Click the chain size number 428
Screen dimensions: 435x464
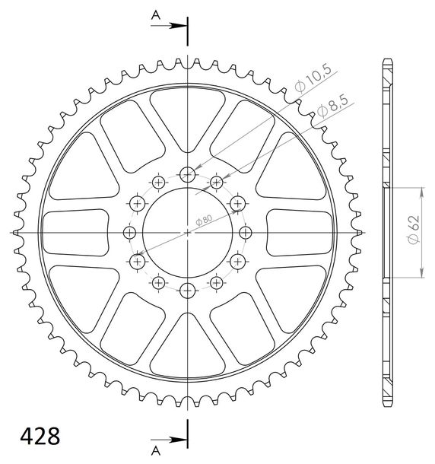40,436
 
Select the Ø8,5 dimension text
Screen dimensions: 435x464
335,106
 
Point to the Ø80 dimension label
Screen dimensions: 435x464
204,221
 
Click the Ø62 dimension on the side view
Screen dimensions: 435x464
414,230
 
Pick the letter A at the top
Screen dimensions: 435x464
156,14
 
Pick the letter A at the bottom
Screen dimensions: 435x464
156,450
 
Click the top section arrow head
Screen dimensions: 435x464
178,26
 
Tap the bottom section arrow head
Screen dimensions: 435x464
178,440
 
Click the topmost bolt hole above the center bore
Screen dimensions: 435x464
188,175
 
